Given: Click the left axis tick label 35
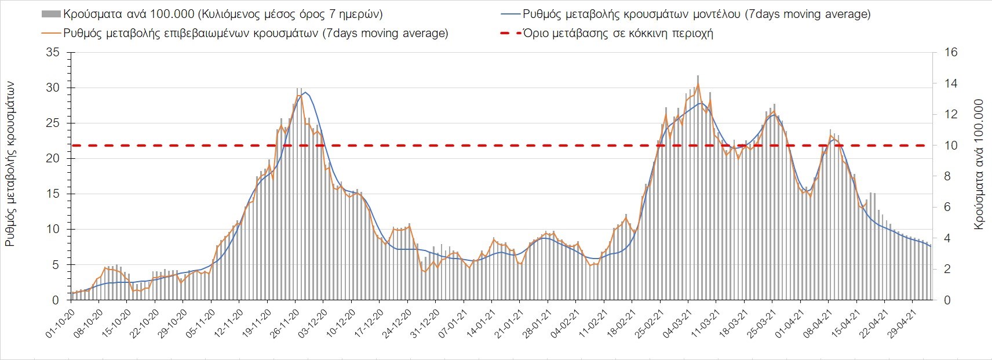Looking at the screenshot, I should coord(53,53).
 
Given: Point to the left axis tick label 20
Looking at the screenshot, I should coord(53,159).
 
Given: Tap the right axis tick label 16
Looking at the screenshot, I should coord(951,53).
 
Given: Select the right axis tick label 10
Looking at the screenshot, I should coord(951,146).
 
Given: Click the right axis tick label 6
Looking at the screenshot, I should coord(949,208).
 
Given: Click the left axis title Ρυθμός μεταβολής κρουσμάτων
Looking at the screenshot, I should coord(10,164).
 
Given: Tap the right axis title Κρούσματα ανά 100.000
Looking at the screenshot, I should coord(979,165).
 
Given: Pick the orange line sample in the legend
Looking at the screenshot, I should coord(51,33).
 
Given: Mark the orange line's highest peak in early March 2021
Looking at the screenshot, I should coord(698,83).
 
